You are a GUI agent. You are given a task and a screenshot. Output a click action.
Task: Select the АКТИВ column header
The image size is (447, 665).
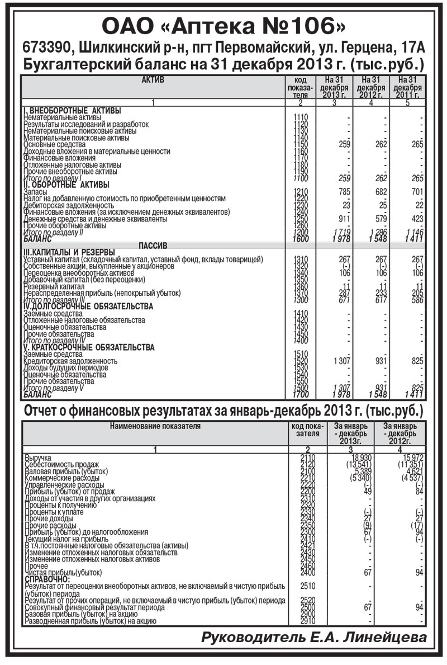(153, 81)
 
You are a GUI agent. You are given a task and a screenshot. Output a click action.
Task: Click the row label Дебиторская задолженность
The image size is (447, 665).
(62, 205)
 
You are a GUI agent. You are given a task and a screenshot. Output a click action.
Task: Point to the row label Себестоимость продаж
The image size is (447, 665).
(61, 464)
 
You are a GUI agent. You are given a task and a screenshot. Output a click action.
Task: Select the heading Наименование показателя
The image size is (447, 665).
(155, 426)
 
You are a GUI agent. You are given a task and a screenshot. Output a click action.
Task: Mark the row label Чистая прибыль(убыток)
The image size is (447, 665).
(64, 572)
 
